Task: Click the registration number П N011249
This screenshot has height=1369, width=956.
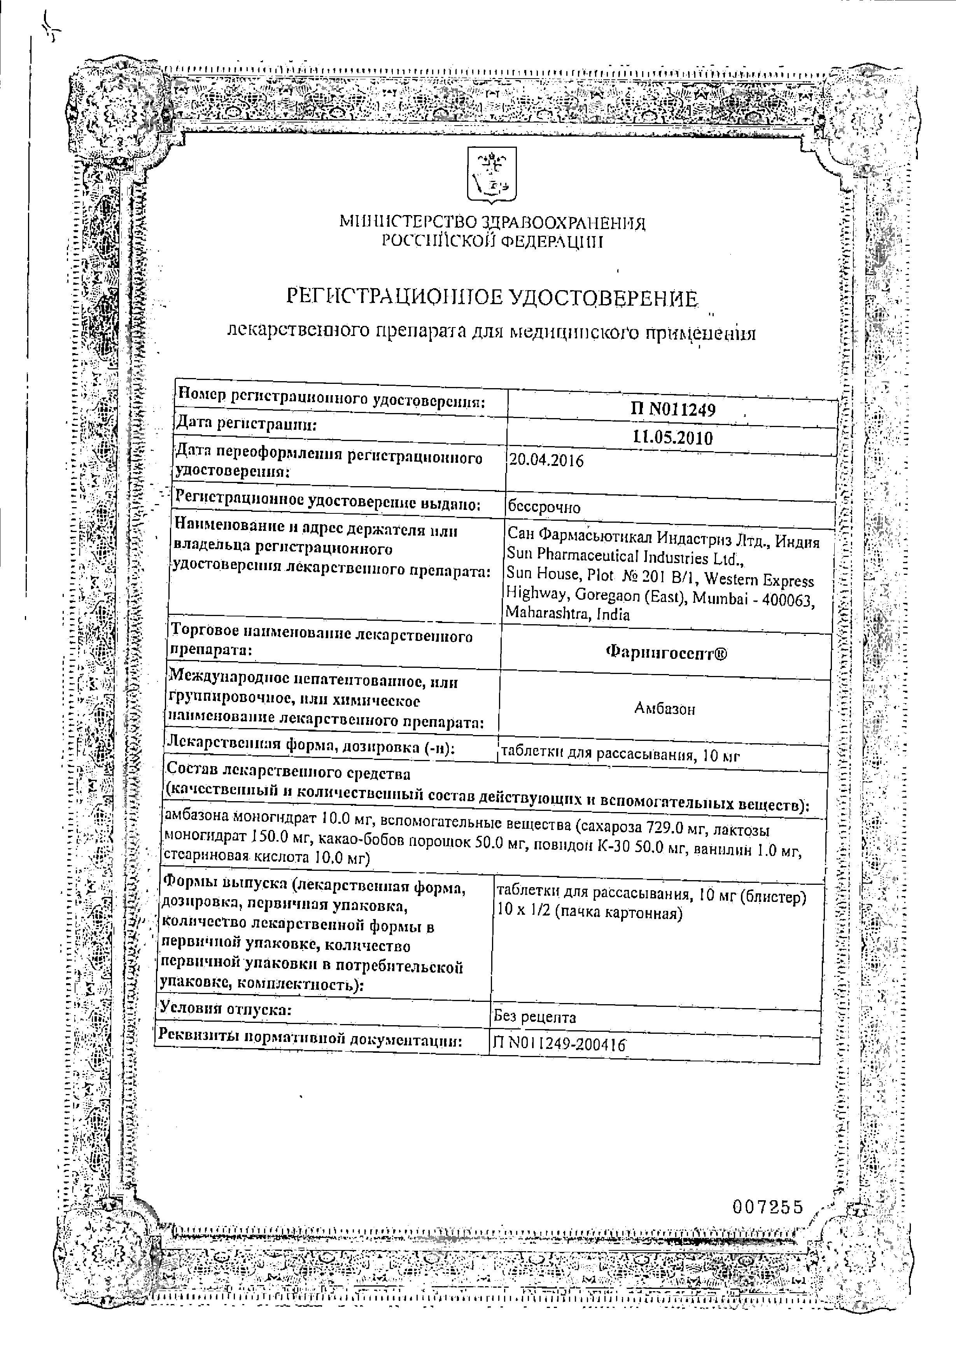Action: point(673,409)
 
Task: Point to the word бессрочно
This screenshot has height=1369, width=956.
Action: point(543,508)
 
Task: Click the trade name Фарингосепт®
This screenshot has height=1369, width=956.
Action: point(666,653)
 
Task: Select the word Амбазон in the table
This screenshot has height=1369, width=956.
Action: point(664,709)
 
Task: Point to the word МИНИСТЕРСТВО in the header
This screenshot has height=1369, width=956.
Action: point(407,223)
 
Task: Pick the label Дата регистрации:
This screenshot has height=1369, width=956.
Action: point(245,425)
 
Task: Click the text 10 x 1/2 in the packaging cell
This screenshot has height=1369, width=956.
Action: point(520,913)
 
